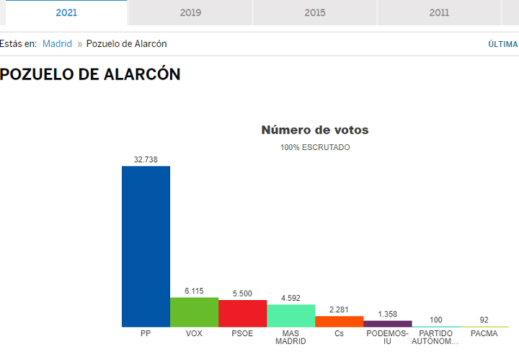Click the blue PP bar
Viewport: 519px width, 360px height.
point(146,247)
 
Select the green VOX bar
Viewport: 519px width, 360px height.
point(195,312)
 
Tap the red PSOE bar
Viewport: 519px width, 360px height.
point(243,314)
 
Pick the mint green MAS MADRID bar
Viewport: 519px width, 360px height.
point(291,316)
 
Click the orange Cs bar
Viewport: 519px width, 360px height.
point(340,322)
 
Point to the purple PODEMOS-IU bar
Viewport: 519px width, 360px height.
point(388,324)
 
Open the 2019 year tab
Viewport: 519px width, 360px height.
point(190,12)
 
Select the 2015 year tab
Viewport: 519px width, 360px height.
point(315,12)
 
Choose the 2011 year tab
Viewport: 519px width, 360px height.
point(439,12)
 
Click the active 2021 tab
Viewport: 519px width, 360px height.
point(66,12)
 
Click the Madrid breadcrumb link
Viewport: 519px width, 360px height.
point(57,44)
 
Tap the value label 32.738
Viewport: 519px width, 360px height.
point(146,159)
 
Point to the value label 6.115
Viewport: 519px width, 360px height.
point(194,291)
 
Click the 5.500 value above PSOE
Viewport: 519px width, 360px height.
point(242,294)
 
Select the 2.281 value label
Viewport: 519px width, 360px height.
point(339,309)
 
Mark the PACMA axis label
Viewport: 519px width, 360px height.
point(484,333)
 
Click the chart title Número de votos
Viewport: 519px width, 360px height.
point(315,130)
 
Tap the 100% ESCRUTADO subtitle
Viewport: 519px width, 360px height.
point(315,147)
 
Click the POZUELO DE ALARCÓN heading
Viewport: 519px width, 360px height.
point(90,74)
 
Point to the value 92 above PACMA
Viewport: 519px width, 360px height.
point(484,320)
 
